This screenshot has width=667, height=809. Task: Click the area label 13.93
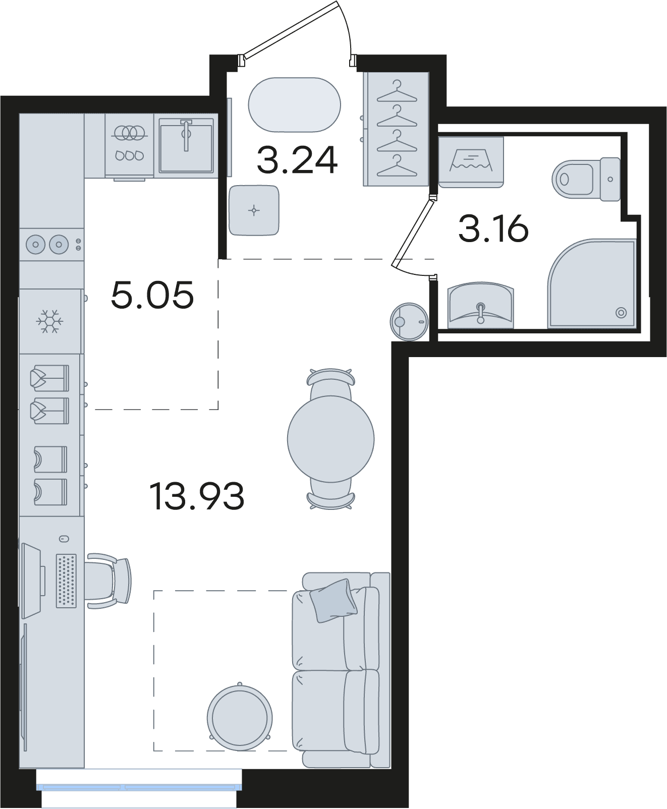pyautogui.click(x=197, y=496)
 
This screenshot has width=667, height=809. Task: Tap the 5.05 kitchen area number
pyautogui.click(x=152, y=295)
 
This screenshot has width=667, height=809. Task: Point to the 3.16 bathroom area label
pyautogui.click(x=493, y=228)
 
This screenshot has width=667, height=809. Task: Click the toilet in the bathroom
pyautogui.click(x=586, y=179)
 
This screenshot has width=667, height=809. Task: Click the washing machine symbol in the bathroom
pyautogui.click(x=471, y=162)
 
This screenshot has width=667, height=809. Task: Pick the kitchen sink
pyautogui.click(x=186, y=145)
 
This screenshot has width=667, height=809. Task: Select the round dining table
pyautogui.click(x=331, y=439)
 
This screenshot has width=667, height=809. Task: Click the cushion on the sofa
pyautogui.click(x=334, y=600)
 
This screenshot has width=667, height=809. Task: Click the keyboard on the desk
pyautogui.click(x=66, y=581)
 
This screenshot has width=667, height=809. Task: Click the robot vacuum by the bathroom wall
pyautogui.click(x=409, y=321)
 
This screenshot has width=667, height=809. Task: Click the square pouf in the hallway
pyautogui.click(x=254, y=210)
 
